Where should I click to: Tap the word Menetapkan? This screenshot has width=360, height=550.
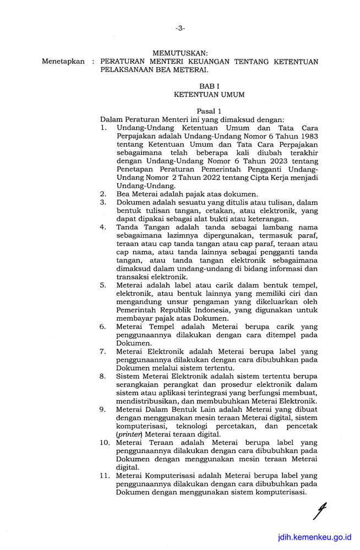63,62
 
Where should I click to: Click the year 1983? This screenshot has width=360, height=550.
306,136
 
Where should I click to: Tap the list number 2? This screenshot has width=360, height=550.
103,194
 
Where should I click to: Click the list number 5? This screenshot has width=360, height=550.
103,285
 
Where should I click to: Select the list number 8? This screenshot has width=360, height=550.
103,376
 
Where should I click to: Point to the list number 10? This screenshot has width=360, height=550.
105,442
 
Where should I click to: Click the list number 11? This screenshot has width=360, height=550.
105,475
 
